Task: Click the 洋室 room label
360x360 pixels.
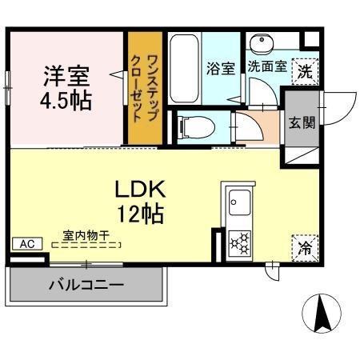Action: tap(66, 78)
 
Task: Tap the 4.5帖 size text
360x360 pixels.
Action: tap(66, 102)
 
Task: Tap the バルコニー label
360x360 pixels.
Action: tap(86, 285)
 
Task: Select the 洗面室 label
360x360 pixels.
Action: tap(266, 67)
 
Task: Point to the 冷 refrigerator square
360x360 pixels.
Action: tap(305, 247)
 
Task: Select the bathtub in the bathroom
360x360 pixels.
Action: tap(184, 68)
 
